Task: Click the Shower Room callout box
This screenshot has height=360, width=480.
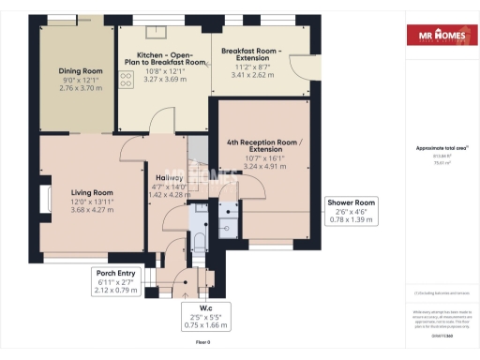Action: tap(352, 212)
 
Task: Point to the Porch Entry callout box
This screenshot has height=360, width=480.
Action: tap(117, 281)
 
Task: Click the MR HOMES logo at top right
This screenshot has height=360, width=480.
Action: tap(438, 37)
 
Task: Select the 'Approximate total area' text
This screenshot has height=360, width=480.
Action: tap(437, 149)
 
